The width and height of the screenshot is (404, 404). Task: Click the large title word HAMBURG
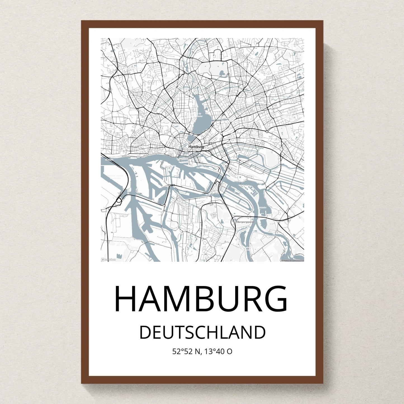coord(201,299)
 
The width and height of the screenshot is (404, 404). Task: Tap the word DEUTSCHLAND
coord(202,332)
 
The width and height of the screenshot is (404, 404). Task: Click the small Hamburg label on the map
coord(196,147)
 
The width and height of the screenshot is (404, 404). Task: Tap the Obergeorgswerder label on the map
coord(246,222)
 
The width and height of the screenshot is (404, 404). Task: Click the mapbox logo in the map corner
coord(108,259)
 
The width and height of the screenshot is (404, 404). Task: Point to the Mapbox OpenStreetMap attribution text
coord(292,260)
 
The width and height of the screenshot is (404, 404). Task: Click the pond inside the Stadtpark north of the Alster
coord(222,73)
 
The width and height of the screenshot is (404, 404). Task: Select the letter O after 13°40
coord(229,351)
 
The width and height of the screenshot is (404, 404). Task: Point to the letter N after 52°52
coord(198,351)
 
